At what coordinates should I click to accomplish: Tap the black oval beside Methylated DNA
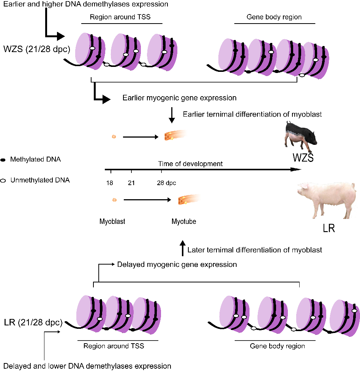3,160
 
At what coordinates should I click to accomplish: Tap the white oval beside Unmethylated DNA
3,181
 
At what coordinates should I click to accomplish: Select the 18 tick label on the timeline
110,183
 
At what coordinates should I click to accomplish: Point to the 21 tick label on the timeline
131,183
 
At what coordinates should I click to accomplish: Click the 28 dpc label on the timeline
167,183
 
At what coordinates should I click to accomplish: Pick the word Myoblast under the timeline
112,221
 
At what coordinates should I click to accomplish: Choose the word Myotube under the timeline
184,221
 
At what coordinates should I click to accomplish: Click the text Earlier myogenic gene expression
179,98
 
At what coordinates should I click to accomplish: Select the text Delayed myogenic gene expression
177,264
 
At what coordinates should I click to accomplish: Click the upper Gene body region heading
274,17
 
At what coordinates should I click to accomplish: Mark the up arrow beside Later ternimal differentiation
182,248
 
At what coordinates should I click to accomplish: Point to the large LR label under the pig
328,230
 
